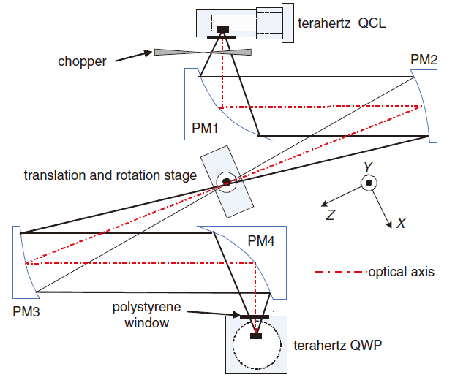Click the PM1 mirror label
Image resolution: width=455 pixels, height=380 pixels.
(x=206, y=128)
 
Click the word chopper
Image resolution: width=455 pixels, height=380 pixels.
(x=82, y=61)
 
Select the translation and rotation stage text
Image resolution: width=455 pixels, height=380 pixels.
(x=110, y=175)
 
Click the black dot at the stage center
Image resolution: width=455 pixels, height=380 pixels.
(x=227, y=181)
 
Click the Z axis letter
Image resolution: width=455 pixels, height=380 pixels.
(x=331, y=215)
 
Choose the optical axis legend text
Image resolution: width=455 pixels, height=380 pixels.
(x=401, y=272)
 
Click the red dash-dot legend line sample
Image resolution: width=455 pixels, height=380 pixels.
(x=339, y=273)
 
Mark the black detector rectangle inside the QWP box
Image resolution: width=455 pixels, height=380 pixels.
(x=255, y=335)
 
